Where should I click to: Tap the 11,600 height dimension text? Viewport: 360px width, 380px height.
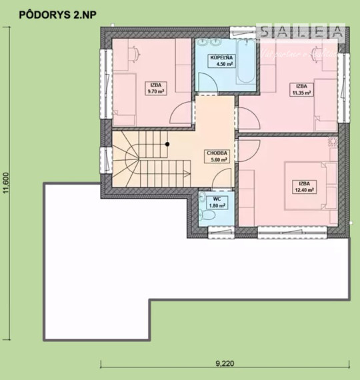[6, 181]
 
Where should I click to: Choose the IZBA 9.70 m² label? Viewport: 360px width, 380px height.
[158, 88]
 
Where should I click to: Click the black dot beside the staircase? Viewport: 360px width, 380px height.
[167, 143]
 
